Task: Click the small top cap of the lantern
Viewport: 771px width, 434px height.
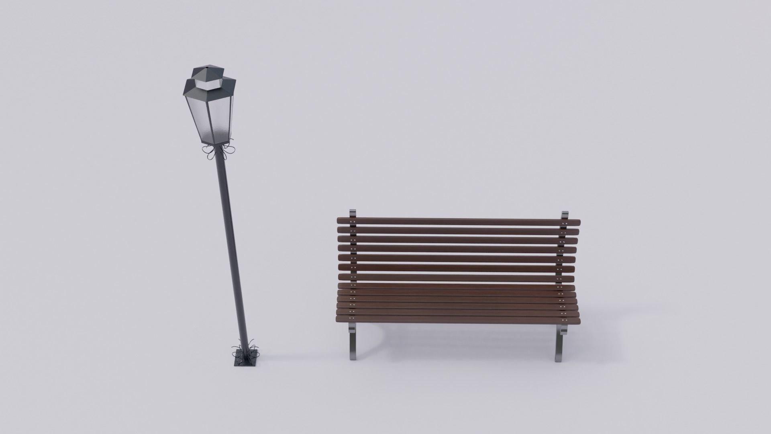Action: (x=208, y=72)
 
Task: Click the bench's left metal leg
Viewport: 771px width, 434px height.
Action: (x=352, y=342)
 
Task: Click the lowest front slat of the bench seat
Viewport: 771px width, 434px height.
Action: (x=458, y=320)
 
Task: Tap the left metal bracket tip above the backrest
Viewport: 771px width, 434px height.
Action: (x=353, y=213)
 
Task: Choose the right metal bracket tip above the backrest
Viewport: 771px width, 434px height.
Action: (x=565, y=215)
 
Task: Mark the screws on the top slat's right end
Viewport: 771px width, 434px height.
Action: (x=565, y=223)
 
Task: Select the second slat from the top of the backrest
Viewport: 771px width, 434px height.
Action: (x=458, y=231)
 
